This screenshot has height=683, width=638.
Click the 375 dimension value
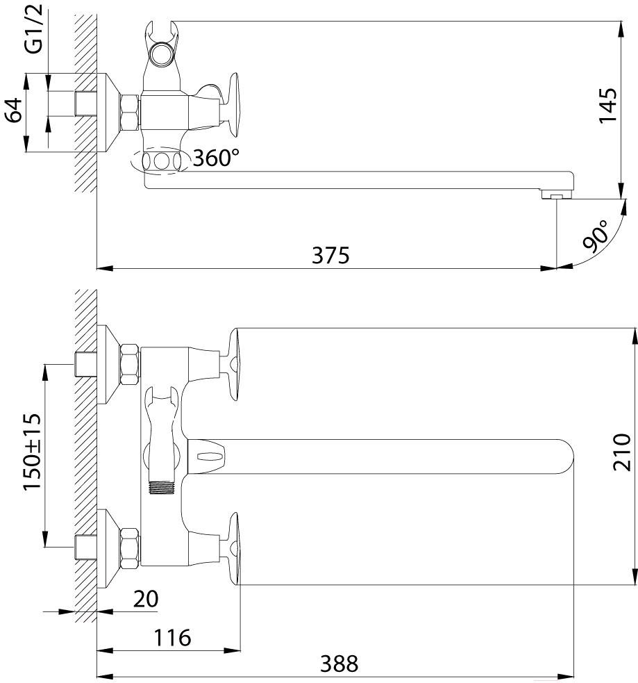[x=330, y=255]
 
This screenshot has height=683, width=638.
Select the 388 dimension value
[x=339, y=664]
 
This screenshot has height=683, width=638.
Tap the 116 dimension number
[x=172, y=638]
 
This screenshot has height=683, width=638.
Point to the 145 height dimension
[x=607, y=106]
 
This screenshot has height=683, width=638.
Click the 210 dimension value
[x=621, y=452]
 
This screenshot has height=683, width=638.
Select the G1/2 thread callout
[x=34, y=28]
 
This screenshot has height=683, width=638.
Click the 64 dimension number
[x=13, y=110]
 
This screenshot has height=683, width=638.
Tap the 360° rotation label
[x=217, y=158]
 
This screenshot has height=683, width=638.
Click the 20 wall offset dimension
[x=146, y=599]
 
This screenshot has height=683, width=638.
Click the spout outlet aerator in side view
[x=557, y=195]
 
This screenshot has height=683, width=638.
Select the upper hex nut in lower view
[x=130, y=365]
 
